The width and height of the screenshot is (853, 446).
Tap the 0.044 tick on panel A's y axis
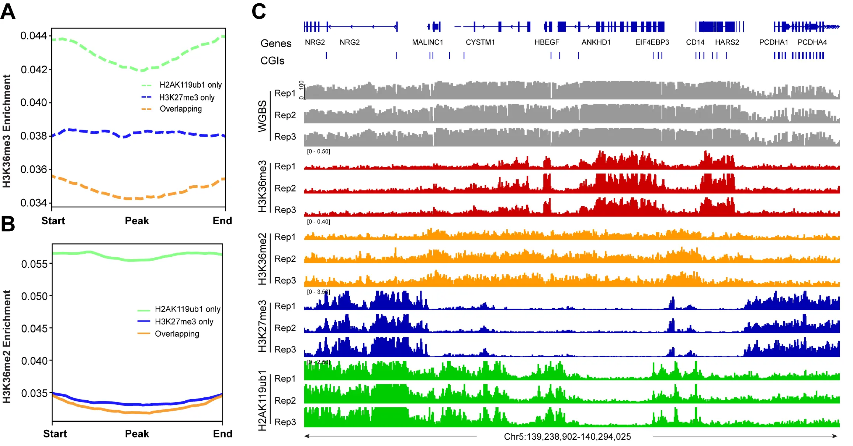click(34, 36)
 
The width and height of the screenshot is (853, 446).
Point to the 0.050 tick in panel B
click(34, 296)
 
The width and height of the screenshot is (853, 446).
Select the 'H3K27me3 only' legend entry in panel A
click(187, 98)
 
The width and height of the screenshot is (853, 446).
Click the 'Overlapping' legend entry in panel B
click(177, 334)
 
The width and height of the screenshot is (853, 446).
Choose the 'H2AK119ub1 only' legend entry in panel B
click(187, 309)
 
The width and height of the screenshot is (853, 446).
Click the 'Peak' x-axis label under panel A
click(137, 221)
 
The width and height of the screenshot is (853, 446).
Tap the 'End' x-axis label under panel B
click(222, 433)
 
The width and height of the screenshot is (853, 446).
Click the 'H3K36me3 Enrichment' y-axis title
click(7, 131)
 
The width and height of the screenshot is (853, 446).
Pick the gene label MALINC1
click(427, 42)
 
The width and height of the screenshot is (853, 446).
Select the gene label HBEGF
click(547, 42)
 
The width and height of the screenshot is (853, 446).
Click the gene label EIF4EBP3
click(652, 42)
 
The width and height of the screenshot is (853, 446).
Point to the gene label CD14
click(695, 42)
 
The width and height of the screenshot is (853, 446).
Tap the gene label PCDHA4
click(812, 42)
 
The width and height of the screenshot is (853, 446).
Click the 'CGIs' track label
click(272, 61)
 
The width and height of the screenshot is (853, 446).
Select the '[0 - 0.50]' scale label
click(318, 151)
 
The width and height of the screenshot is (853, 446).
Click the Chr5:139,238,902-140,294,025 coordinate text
click(567, 437)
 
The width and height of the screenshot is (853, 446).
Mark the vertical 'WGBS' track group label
click(262, 116)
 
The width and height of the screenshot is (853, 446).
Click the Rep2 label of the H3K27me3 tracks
click(285, 328)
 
